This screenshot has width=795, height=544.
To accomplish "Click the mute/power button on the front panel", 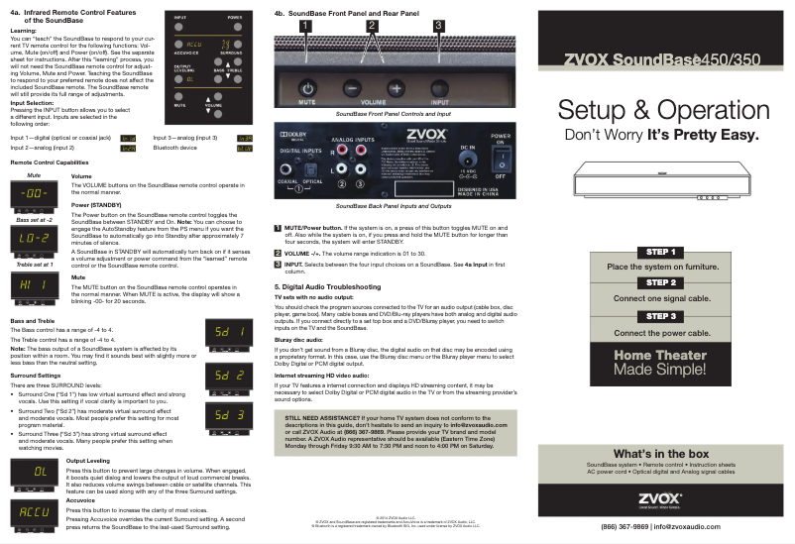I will coord(306,87).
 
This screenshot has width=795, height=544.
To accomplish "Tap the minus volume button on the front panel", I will coord(353,87).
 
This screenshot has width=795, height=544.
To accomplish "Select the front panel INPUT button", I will coord(439,87).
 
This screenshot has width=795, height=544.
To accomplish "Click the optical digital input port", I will coord(313,165).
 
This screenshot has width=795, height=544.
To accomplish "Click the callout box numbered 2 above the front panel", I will coord(372,25).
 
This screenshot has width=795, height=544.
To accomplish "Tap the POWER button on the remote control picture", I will coord(235,29).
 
